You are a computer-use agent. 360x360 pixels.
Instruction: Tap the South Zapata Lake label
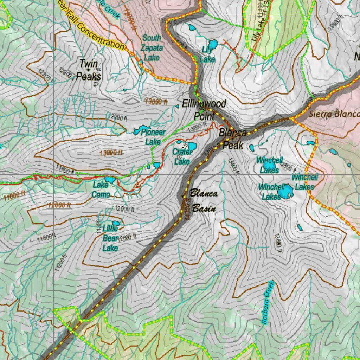coord(152,47)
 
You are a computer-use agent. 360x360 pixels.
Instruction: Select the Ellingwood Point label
coord(204,109)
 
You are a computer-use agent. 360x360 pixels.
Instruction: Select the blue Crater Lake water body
coord(192,146)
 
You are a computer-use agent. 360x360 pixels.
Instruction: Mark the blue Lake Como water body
coord(110,180)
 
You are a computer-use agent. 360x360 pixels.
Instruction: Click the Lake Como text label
coord(101,189)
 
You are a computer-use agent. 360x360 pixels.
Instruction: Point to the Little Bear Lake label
coord(110,238)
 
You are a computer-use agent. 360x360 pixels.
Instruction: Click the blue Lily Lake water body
coord(213,45)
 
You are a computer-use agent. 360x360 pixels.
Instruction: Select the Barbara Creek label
coord(268,302)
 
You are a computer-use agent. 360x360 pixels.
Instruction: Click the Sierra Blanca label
coord(334,114)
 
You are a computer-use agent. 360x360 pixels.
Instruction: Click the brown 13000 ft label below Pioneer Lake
coord(111,153)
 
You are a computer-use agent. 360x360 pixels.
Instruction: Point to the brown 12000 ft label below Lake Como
coord(59,205)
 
